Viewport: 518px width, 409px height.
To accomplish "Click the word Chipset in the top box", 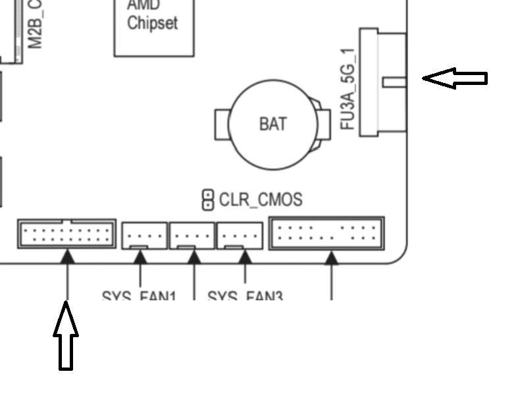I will point(153,23).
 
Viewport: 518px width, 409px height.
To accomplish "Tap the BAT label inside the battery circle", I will point(272,123).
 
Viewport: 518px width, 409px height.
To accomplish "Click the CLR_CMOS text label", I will point(261,199).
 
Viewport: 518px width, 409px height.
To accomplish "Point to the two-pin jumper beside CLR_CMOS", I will point(208,200).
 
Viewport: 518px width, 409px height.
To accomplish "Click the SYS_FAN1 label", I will point(139,298).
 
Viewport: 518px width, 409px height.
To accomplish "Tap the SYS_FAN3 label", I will point(245,298).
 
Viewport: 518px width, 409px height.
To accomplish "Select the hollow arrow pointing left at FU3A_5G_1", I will point(454,78).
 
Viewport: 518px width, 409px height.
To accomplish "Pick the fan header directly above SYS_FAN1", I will point(144,235).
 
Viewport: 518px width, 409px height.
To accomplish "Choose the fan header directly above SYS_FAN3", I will point(240,235).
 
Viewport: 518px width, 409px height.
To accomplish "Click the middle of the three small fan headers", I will point(192,235).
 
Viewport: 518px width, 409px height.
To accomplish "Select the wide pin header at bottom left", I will point(66,233).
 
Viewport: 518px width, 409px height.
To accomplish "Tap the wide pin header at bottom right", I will point(326,232).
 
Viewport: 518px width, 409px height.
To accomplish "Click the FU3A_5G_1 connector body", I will point(382,82).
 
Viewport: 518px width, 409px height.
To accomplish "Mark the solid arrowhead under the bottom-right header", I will point(332,258).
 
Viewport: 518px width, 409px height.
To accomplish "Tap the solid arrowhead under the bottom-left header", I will point(67,258).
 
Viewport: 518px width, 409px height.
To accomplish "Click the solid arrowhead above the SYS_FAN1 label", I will point(140,258).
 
